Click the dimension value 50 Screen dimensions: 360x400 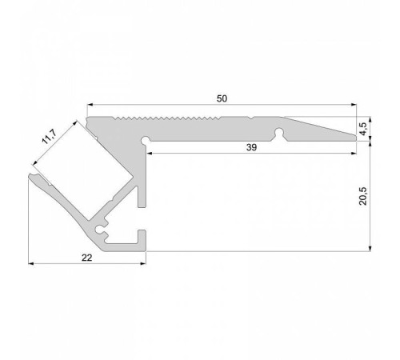(222, 98)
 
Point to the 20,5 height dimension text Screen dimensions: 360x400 (365, 196)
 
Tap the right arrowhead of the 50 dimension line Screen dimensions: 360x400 (352, 105)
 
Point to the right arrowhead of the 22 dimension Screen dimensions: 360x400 (144, 262)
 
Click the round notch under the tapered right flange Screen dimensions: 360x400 (279, 130)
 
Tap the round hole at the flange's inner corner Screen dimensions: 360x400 (146, 141)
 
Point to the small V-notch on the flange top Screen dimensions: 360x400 (251, 118)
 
